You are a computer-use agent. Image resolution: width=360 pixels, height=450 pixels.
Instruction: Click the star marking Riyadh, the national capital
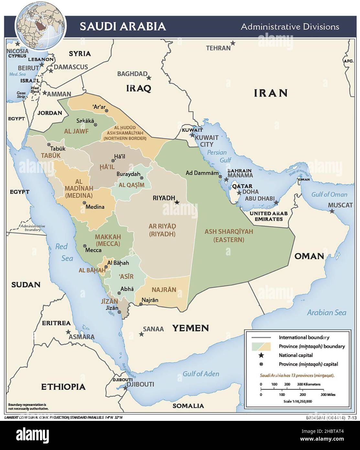[177, 202]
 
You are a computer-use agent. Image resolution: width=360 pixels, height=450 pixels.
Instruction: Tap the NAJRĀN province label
[164, 289]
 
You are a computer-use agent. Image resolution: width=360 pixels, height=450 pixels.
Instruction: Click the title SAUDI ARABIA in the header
[123, 26]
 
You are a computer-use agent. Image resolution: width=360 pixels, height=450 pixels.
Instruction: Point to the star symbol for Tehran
[233, 43]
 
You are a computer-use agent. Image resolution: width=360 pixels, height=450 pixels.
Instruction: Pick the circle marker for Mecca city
[85, 246]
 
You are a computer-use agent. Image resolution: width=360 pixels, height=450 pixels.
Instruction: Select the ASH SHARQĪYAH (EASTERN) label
[228, 236]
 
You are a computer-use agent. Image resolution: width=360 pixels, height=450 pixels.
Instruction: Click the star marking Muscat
[332, 211]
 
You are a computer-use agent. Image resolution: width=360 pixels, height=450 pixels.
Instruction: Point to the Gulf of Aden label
[201, 374]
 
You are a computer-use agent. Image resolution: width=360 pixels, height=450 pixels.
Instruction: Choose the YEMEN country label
[190, 328]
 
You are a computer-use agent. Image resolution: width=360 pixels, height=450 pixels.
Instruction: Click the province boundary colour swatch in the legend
[261, 346]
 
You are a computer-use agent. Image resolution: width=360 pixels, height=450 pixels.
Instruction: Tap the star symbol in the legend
[261, 355]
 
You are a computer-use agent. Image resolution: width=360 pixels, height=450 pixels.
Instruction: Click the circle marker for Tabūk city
[49, 144]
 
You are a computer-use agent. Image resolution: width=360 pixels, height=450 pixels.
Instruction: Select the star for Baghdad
[149, 78]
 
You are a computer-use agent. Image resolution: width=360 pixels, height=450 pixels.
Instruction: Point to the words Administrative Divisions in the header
[290, 27]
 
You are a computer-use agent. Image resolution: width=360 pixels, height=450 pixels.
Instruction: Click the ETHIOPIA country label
[63, 387]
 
